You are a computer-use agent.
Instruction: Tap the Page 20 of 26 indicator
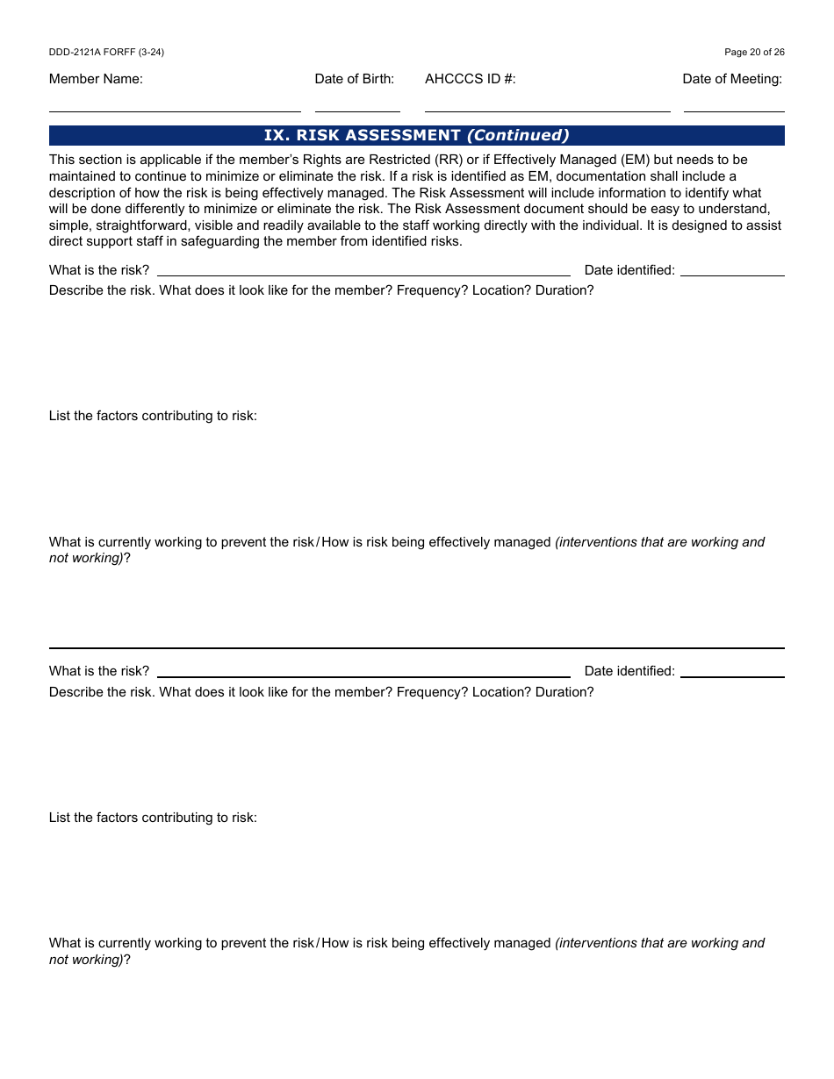pyautogui.click(x=754, y=52)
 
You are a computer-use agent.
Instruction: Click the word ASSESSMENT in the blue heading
pyautogui.click(x=403, y=135)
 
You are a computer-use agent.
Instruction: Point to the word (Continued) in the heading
pyautogui.click(x=518, y=135)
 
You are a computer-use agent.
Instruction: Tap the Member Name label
pyautogui.click(x=96, y=79)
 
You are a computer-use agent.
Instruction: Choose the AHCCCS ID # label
pyautogui.click(x=471, y=79)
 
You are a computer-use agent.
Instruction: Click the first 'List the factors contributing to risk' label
pyautogui.click(x=153, y=416)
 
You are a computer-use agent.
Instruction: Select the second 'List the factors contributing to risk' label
pyautogui.click(x=153, y=818)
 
